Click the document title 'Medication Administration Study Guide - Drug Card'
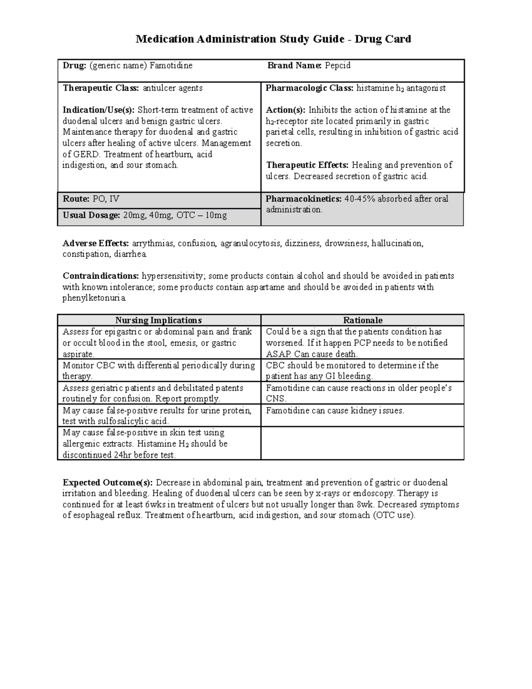point(273,39)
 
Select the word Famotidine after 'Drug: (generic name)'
point(171,66)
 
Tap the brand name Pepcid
point(337,66)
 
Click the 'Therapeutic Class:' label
point(101,88)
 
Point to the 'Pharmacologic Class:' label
point(309,88)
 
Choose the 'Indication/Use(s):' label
point(98,110)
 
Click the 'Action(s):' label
point(286,110)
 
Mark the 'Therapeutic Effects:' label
point(307,165)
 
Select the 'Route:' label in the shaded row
point(76,199)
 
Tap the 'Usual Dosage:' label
point(91,215)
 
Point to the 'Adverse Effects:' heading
point(96,243)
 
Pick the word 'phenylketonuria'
point(94,298)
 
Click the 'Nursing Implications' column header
point(158,320)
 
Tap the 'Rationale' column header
point(363,320)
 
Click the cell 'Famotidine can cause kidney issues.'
point(335,411)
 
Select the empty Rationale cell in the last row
point(362,443)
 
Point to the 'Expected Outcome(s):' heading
point(108,482)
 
